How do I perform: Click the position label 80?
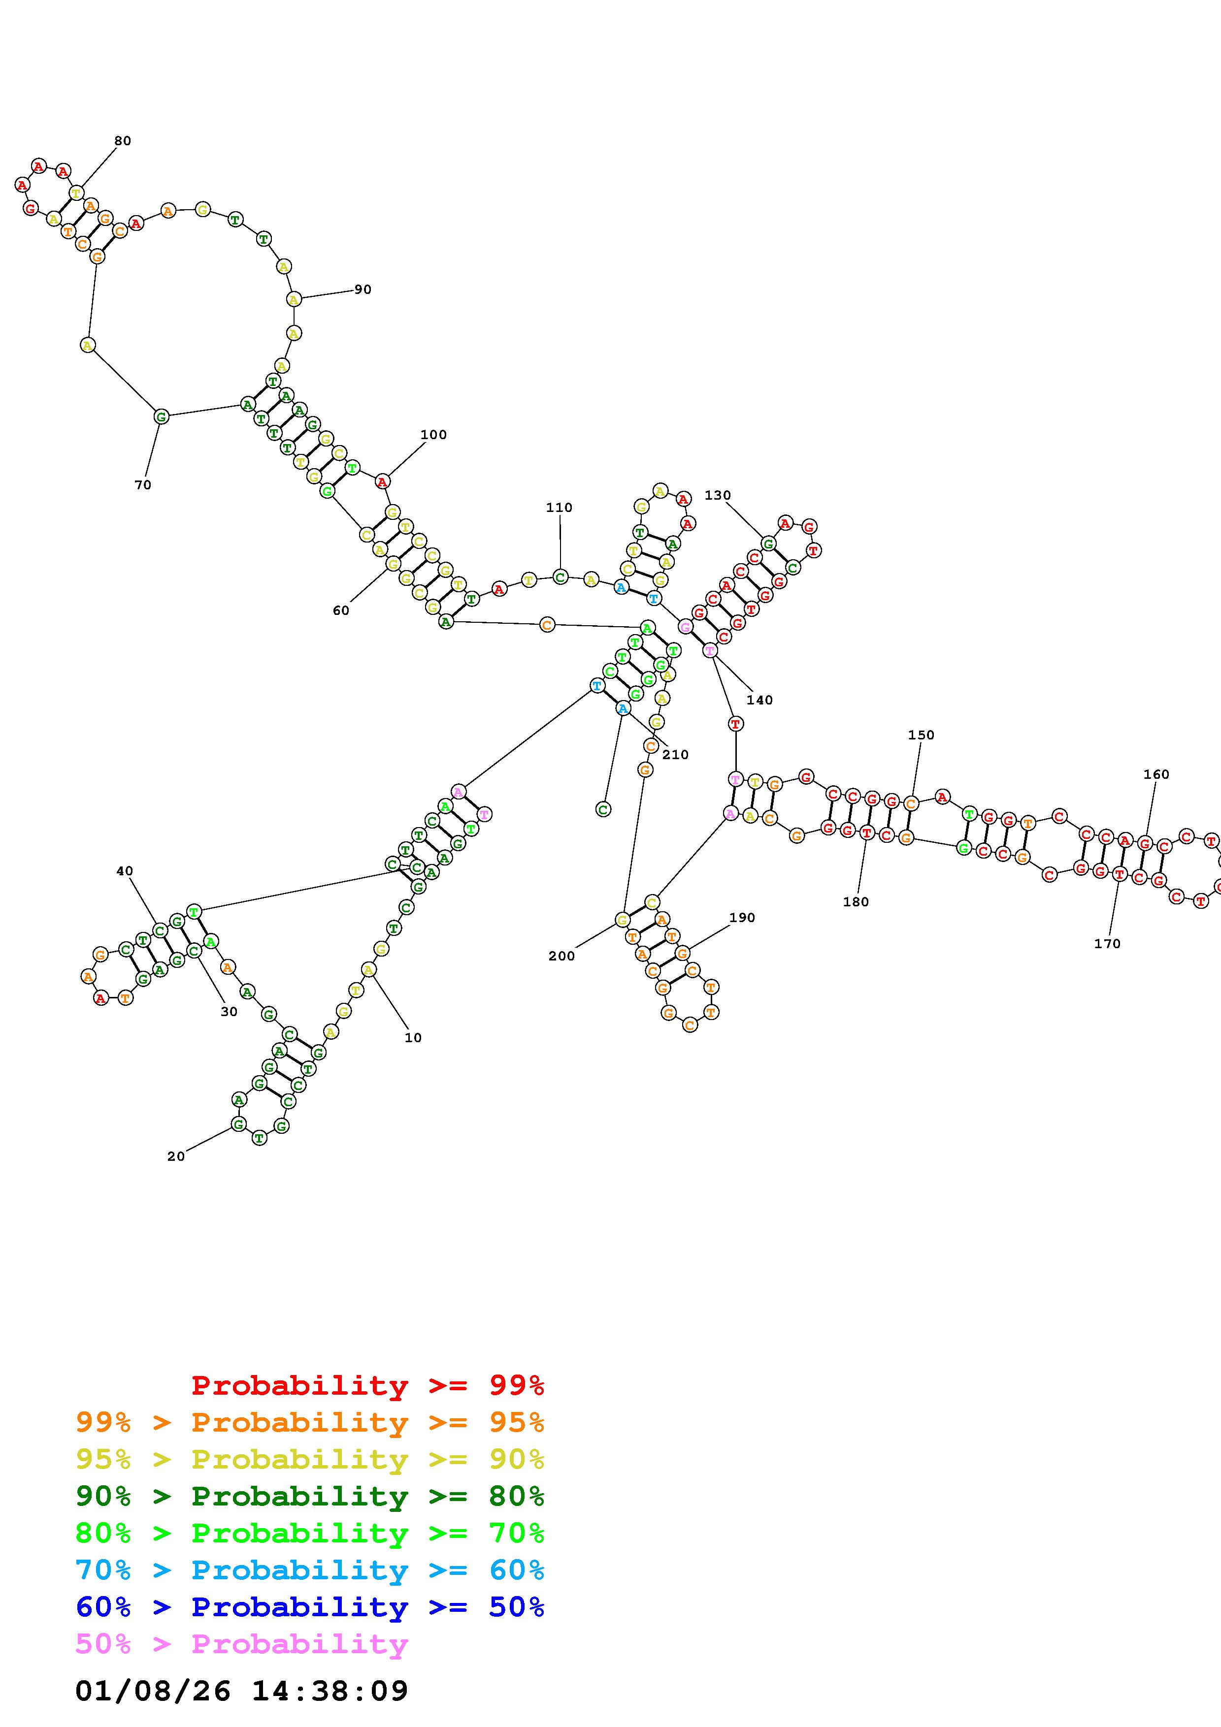[123, 141]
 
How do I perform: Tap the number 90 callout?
[363, 289]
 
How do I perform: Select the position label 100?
[433, 435]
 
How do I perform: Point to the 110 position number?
[559, 508]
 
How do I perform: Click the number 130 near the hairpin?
[718, 495]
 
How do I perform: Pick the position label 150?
[921, 735]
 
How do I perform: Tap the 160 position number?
[1156, 774]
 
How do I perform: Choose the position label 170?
[1107, 943]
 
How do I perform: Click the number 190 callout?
[742, 918]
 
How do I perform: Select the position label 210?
[676, 754]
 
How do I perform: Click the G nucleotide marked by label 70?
[161, 416]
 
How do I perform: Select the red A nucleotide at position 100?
[382, 481]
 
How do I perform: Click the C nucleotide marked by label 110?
[560, 577]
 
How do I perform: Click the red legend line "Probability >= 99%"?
[368, 1385]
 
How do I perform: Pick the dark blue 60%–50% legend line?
[310, 1607]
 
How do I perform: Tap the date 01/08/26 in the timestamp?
[153, 1692]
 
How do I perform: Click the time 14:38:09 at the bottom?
[330, 1692]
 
